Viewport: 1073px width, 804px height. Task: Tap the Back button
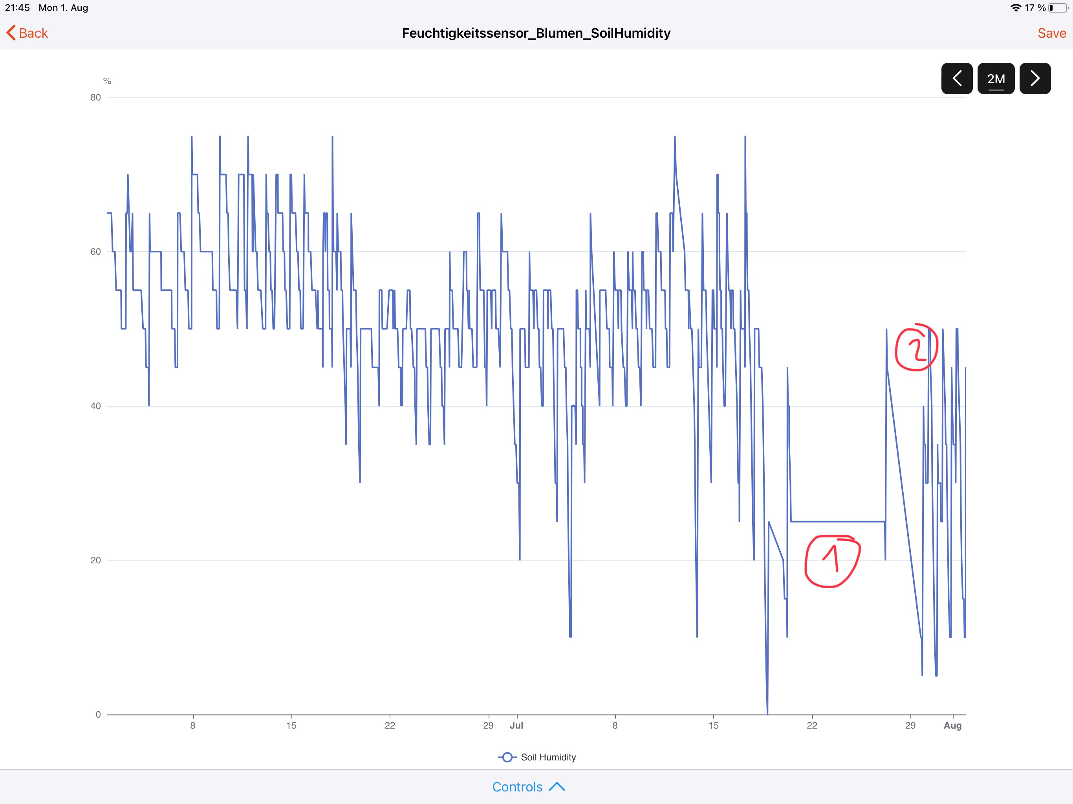point(27,33)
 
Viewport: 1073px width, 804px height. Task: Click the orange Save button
point(1051,33)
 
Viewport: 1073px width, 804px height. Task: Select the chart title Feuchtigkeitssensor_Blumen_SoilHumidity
point(536,33)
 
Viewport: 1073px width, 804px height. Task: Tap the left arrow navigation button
point(957,79)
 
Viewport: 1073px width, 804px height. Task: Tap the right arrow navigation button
point(1035,79)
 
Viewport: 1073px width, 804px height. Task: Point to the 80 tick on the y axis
point(95,97)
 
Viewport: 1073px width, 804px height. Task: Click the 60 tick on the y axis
point(95,252)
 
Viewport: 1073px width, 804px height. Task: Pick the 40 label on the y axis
point(95,406)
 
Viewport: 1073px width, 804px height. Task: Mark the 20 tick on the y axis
point(95,560)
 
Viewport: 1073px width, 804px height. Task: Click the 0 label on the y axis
point(98,714)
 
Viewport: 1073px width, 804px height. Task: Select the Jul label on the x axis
point(516,725)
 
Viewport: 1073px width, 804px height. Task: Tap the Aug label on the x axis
point(952,725)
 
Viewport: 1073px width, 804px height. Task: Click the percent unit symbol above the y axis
point(107,81)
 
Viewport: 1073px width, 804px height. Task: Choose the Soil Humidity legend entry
point(537,757)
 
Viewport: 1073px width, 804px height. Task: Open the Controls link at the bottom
point(528,787)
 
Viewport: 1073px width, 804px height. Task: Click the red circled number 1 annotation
point(832,561)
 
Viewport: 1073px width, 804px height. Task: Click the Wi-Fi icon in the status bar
point(1015,8)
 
